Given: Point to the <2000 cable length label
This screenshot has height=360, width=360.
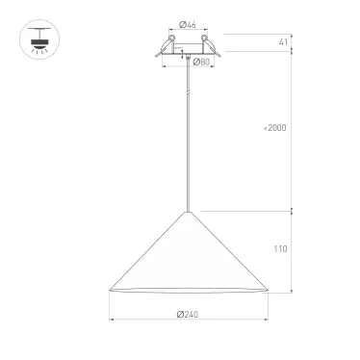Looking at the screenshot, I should [276, 128].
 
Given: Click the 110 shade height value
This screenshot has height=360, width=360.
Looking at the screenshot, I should [280, 248].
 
